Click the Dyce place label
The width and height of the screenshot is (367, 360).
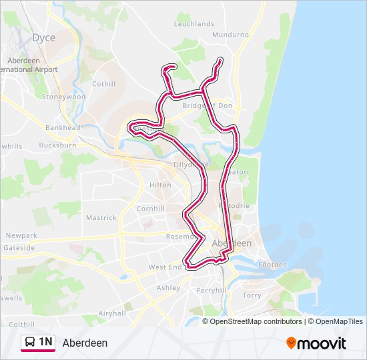coord(44,38)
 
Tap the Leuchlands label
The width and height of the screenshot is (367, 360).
coord(194,23)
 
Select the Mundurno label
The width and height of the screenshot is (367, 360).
coord(230,34)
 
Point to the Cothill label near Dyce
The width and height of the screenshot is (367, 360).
coord(103,84)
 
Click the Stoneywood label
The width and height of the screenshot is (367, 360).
coord(64,97)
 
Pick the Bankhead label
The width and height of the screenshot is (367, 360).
coord(63,127)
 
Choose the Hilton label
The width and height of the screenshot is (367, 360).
coord(160,185)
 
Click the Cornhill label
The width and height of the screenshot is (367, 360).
coord(150,209)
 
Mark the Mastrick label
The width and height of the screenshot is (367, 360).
coord(101,218)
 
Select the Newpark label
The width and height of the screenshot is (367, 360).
coord(21,235)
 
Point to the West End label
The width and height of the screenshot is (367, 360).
coord(165,267)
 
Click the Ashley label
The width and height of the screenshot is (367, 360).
coord(168,288)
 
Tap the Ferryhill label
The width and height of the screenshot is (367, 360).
coord(212,291)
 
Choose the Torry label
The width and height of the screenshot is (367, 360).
coord(252,295)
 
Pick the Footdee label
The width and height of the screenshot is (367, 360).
coord(273,265)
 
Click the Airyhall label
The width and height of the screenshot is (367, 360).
coord(111,313)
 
